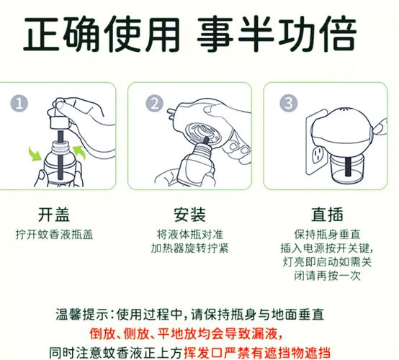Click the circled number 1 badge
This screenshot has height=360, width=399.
tap(19, 104)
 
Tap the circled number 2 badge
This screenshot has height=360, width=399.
tap(154, 103)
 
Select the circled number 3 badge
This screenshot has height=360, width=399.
tap(288, 103)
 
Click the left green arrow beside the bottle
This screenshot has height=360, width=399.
tap(35, 153)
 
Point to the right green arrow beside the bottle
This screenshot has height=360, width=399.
tap(79, 153)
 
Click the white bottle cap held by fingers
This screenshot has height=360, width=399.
tap(60, 123)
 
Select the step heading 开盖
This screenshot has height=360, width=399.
tap(54, 215)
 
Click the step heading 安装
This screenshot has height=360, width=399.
tap(189, 215)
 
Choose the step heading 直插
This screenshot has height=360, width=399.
tap(327, 215)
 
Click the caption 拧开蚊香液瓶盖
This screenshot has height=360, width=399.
tap(54, 234)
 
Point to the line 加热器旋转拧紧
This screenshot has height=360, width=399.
tap(189, 248)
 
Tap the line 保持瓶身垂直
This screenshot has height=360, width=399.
tap(327, 234)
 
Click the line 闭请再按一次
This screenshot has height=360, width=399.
tap(327, 276)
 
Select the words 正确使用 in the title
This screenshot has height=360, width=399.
tap(102, 33)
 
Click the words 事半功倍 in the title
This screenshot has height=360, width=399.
tap(277, 33)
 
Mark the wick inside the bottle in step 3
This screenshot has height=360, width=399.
tap(348, 166)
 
